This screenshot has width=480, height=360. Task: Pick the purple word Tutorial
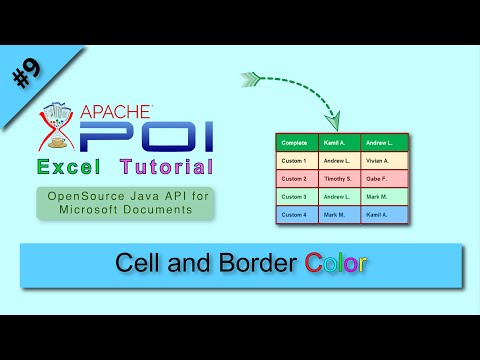point(165,165)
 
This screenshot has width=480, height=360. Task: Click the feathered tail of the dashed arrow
point(251,75)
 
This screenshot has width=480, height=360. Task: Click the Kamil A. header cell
point(338,143)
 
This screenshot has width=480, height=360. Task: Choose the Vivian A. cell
point(381,161)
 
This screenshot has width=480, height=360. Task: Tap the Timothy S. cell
point(338,179)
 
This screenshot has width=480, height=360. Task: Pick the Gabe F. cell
point(381,179)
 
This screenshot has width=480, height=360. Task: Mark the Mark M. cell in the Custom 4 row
point(338,215)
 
